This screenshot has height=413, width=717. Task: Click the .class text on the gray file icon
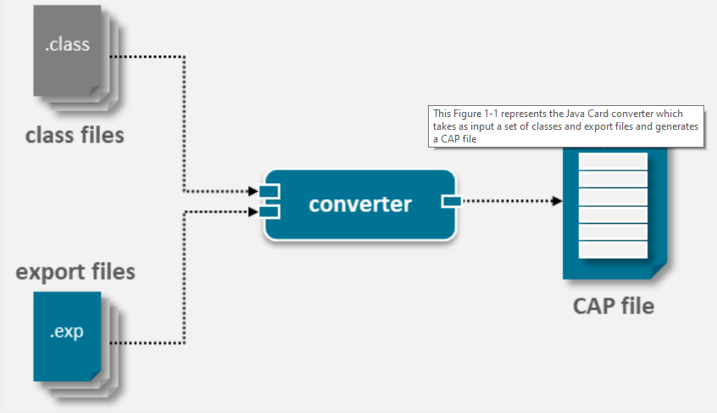pos(67,45)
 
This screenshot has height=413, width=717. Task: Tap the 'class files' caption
pos(75,135)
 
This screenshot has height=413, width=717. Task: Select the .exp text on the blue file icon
pos(66,332)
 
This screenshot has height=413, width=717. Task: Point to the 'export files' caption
pos(75,272)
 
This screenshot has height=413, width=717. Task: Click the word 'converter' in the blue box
pos(360,204)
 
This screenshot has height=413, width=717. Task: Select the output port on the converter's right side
pos(450,201)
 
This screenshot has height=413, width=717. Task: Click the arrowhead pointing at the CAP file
pos(557,201)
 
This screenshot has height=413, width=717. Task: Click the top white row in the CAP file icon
pos(612,162)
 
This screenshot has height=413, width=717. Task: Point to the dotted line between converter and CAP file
pos(504,201)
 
